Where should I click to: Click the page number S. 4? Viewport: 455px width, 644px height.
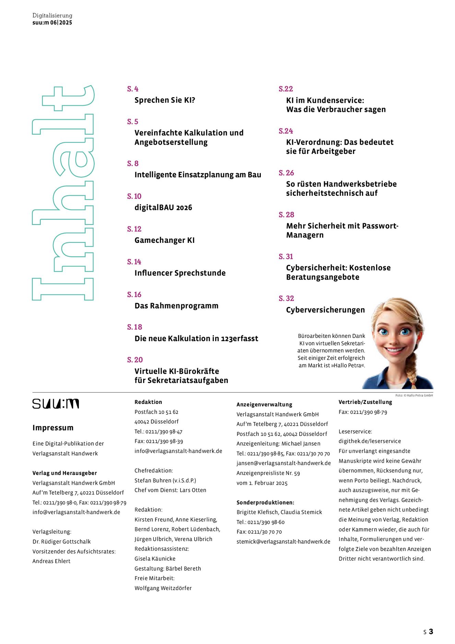pos(132,89)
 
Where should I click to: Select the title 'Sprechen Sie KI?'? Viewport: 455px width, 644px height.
pos(165,100)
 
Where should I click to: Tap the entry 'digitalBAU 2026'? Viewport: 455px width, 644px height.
pos(163,207)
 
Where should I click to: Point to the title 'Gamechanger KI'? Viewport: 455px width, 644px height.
pos(164,240)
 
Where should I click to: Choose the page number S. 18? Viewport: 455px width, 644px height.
pos(135,327)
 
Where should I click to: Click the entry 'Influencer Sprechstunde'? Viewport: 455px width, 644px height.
pos(180,273)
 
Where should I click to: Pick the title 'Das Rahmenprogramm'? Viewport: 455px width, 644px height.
pos(176,306)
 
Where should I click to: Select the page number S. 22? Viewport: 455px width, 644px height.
pos(285,89)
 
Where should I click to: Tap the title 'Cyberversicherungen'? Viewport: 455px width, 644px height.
pos(325,310)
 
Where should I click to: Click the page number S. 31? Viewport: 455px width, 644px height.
pos(285,257)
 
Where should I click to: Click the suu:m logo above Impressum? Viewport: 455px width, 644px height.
pos(56,404)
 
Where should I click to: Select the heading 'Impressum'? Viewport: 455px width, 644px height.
pos(53,428)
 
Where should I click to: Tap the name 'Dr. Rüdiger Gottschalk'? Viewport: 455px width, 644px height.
pos(61,542)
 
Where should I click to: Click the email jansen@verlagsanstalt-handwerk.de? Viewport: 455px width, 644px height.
pos(283,463)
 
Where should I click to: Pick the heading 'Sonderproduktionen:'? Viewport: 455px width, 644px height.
pos(265,502)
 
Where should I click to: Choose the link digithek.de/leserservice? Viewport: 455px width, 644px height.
pos(370,441)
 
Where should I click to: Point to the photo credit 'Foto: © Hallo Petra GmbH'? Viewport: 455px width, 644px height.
pos(414,395)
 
